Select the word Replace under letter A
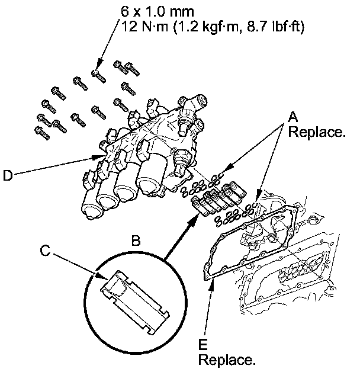pyautogui.click(x=316, y=133)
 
